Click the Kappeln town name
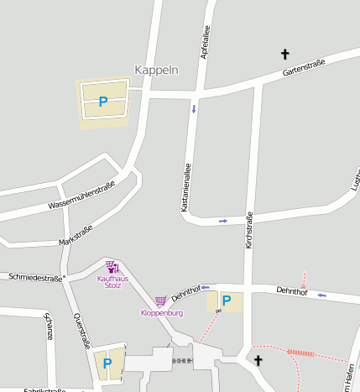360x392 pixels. [157, 71]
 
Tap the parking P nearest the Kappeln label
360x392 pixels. [103, 102]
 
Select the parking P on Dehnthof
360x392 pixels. [225, 301]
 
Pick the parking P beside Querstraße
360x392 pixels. [107, 364]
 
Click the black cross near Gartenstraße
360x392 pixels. [284, 55]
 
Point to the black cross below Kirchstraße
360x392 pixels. [258, 361]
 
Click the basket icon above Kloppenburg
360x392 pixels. [160, 301]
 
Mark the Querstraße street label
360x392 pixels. [81, 332]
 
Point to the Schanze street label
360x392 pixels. [48, 326]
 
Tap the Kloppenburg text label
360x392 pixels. [161, 313]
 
